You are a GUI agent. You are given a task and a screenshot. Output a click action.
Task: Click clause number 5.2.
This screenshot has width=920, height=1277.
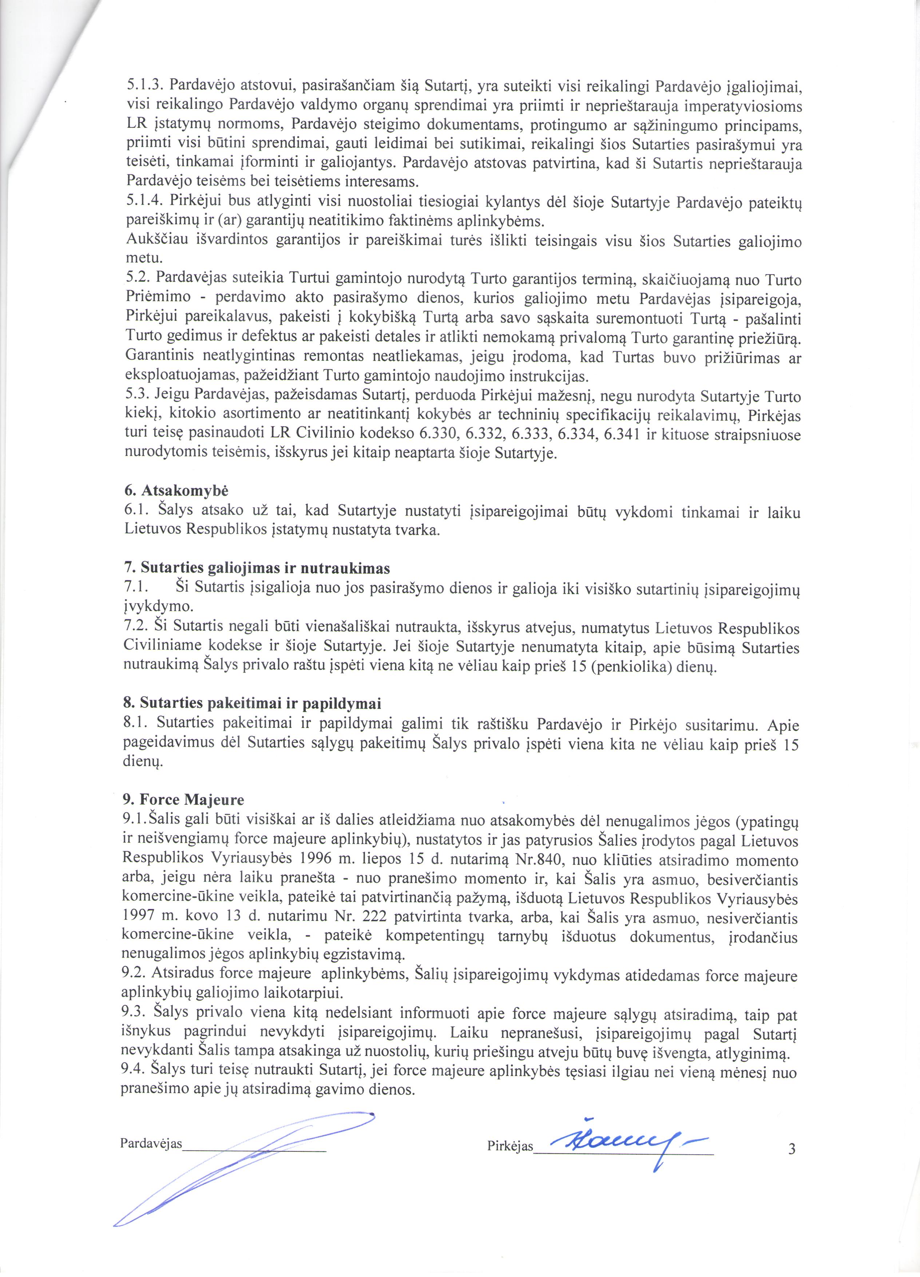tap(137, 278)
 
